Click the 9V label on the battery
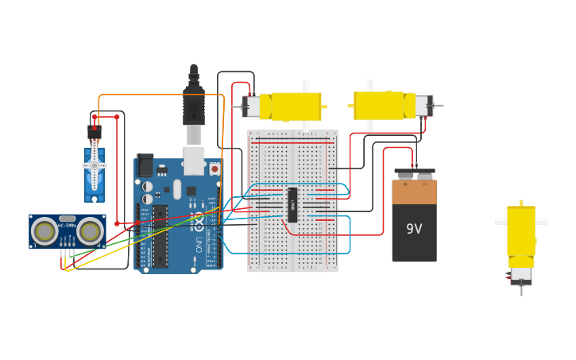(x=414, y=229)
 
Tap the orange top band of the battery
(x=414, y=192)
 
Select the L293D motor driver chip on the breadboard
(x=292, y=205)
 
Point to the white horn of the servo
(x=95, y=165)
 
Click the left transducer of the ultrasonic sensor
(x=44, y=230)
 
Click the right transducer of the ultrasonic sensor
(x=90, y=230)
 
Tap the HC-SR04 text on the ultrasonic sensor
(x=67, y=226)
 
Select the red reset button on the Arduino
(x=215, y=168)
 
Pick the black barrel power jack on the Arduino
(x=145, y=165)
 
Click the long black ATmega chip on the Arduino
(x=160, y=236)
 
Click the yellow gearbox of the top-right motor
(x=379, y=105)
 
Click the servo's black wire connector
(x=95, y=130)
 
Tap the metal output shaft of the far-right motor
(x=521, y=291)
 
